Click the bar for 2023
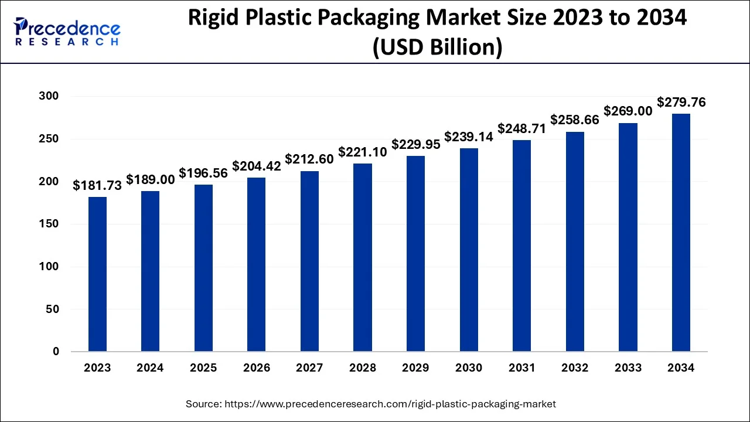97,274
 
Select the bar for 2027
309,261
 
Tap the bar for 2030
469,250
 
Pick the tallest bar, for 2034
681,233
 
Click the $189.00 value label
151,180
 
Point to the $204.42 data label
257,166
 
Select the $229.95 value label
416,144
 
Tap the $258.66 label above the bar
575,120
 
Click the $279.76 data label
681,102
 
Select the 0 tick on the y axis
56,352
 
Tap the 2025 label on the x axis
203,368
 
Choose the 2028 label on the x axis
363,368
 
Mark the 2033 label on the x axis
628,368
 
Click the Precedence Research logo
67,32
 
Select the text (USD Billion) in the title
437,47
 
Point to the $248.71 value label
522,128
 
